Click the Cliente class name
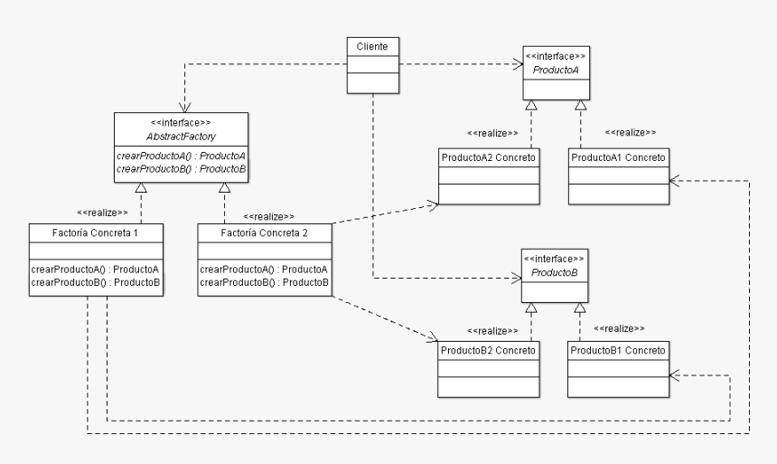(373, 45)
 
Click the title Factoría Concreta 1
(96, 232)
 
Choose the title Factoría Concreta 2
(264, 232)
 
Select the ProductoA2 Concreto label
(489, 158)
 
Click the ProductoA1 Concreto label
(618, 158)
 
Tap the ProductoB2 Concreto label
(489, 350)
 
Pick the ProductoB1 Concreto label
(618, 350)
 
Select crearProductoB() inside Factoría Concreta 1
(96, 283)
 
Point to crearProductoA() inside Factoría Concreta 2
(264, 270)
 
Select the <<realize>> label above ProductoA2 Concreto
(492, 133)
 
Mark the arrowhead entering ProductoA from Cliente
(518, 63)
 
